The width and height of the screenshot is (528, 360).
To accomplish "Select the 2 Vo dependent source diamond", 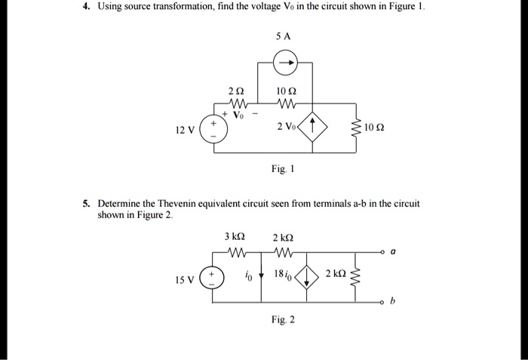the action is pyautogui.click(x=312, y=127).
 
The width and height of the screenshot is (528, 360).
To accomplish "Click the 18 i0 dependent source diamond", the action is pyautogui.click(x=306, y=277).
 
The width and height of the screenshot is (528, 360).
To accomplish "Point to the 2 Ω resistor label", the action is pyautogui.click(x=236, y=91).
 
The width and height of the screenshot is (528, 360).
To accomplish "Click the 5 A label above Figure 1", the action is pyautogui.click(x=283, y=36).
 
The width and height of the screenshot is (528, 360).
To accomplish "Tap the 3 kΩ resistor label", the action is pyautogui.click(x=235, y=236).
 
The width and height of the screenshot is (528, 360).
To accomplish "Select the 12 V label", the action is pyautogui.click(x=185, y=130).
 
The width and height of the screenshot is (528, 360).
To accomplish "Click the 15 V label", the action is pyautogui.click(x=185, y=280).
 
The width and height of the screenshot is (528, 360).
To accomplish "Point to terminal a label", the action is pyautogui.click(x=393, y=251).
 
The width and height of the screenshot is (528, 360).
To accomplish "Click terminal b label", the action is pyautogui.click(x=393, y=300).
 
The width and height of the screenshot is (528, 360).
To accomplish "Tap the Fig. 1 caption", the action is pyautogui.click(x=283, y=168).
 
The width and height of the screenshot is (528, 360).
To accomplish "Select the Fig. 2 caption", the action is pyautogui.click(x=283, y=319).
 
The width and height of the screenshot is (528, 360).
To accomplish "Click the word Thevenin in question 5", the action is pyautogui.click(x=177, y=204).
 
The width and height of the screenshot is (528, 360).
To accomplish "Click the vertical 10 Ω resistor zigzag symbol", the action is pyautogui.click(x=356, y=127).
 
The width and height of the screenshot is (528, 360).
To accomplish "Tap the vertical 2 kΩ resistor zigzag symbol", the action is pyautogui.click(x=355, y=277).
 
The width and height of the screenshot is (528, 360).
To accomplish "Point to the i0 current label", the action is pyautogui.click(x=248, y=277).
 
